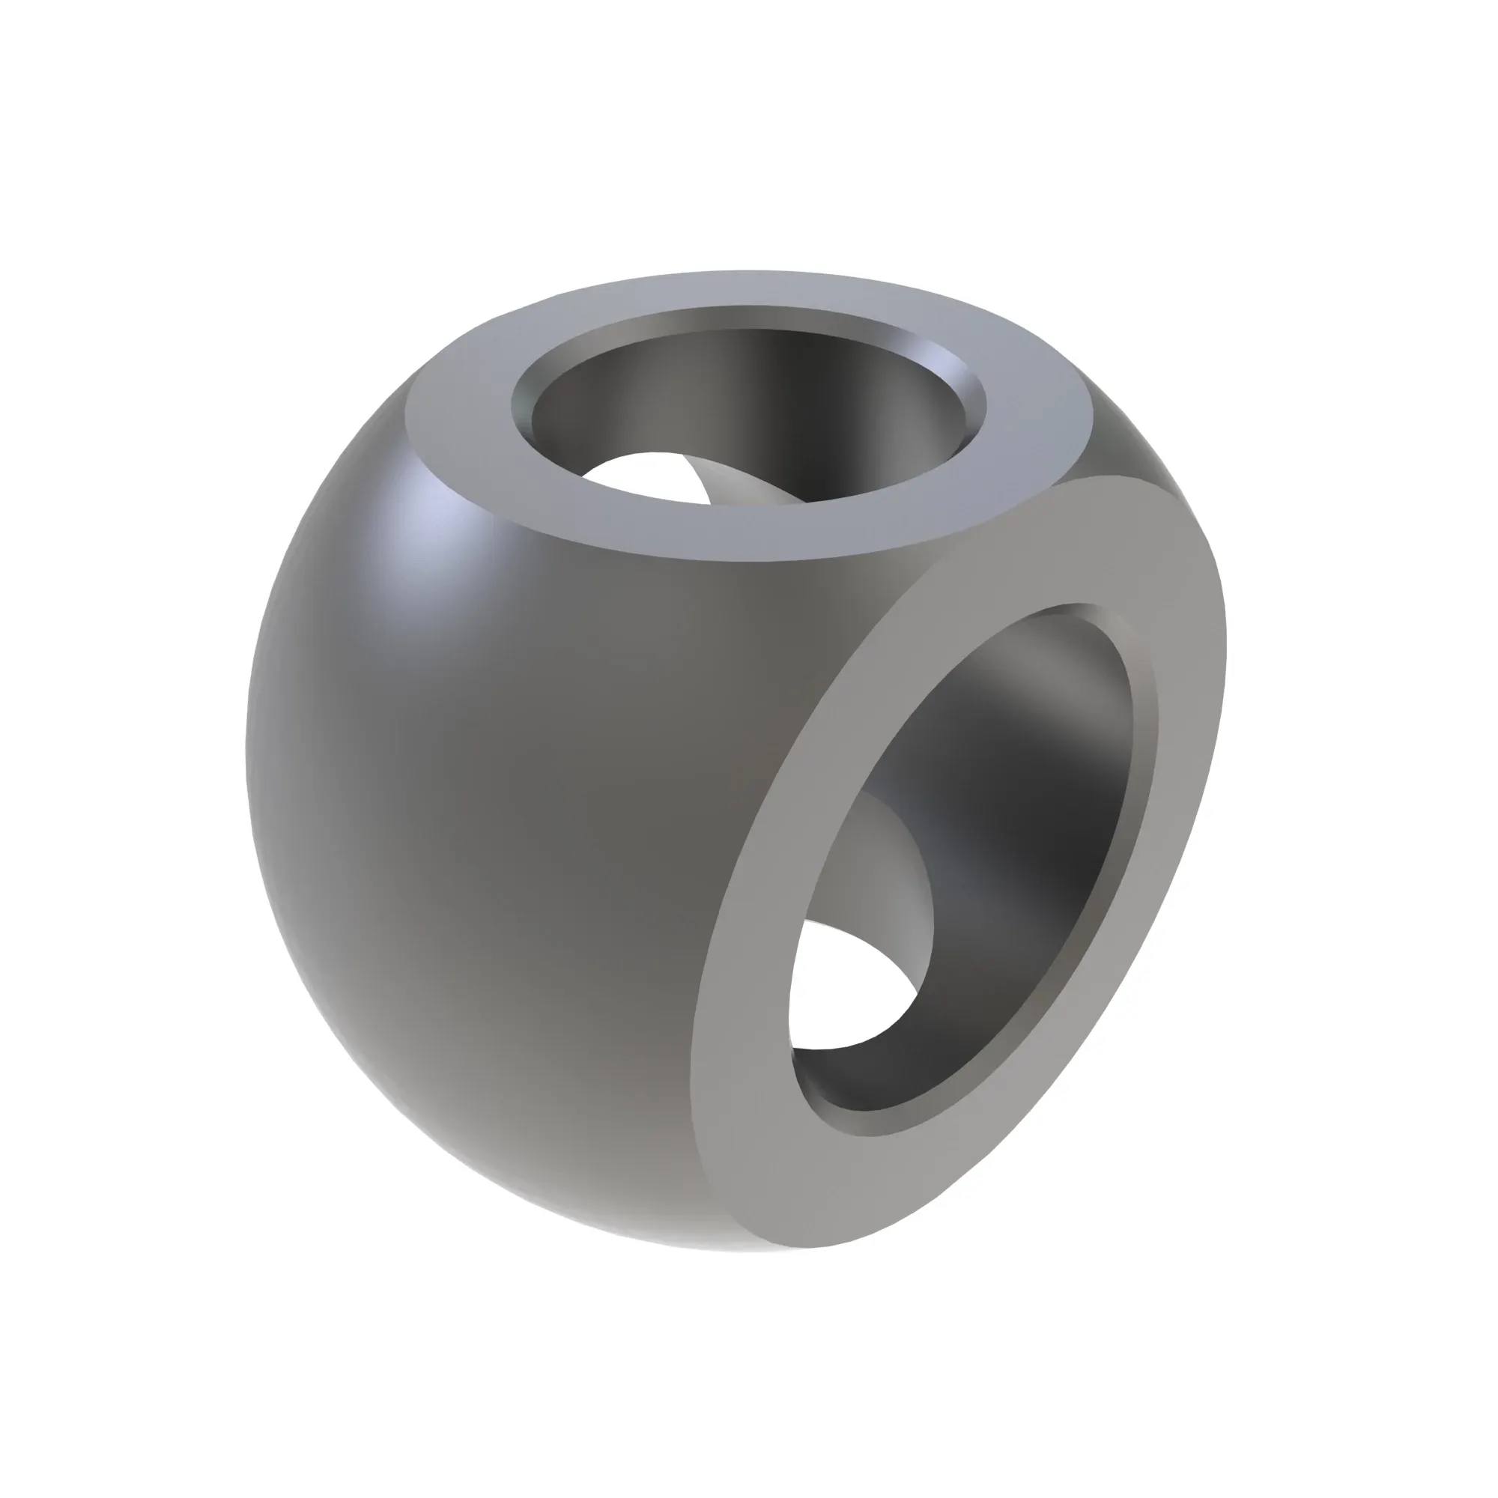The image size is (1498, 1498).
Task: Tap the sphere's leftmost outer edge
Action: point(246,745)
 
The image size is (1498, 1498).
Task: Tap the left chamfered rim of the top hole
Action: point(521,411)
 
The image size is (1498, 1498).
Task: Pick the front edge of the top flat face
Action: point(698,554)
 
